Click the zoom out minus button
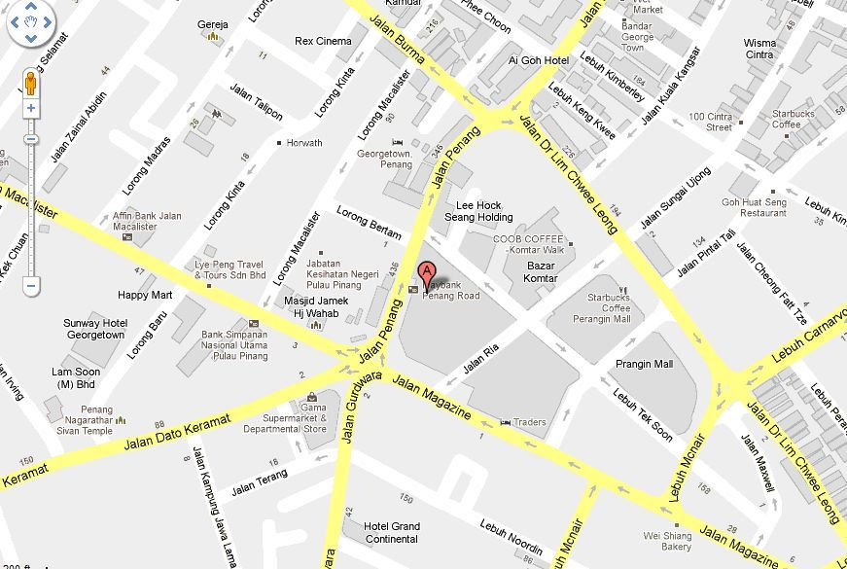pos(31,286)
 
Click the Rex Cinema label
pos(323,42)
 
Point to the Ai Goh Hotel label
pos(538,60)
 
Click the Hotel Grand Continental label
pos(392,532)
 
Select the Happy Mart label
pos(145,295)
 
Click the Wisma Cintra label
pos(759,49)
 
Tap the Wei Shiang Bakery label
pos(669,541)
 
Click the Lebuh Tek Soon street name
pos(642,415)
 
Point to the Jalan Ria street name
pos(486,358)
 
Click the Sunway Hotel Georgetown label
pos(94,329)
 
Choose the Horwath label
pos(303,143)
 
